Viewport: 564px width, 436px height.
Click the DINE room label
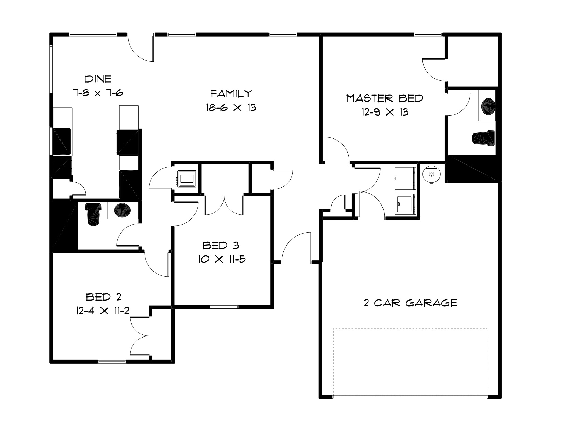click(98, 79)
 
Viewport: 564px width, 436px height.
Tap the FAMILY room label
click(231, 93)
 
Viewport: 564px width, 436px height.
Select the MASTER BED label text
click(385, 98)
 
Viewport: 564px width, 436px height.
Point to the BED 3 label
click(220, 245)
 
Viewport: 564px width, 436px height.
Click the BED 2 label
click(103, 297)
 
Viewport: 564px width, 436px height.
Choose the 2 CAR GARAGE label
click(410, 303)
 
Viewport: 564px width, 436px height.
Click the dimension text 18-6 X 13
click(231, 107)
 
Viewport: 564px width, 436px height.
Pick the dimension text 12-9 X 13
click(385, 112)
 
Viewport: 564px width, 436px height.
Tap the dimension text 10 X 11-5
click(221, 259)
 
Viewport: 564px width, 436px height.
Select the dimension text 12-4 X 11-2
click(103, 311)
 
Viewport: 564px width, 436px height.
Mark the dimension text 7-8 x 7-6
click(98, 93)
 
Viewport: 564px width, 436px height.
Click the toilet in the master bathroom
click(483, 138)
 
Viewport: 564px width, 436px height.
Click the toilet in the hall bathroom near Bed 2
click(93, 214)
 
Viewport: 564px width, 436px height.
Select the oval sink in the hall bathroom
click(122, 210)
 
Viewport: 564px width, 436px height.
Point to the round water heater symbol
click(431, 174)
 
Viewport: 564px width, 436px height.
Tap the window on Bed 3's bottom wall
click(224, 307)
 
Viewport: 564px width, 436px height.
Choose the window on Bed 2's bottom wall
click(112, 361)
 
